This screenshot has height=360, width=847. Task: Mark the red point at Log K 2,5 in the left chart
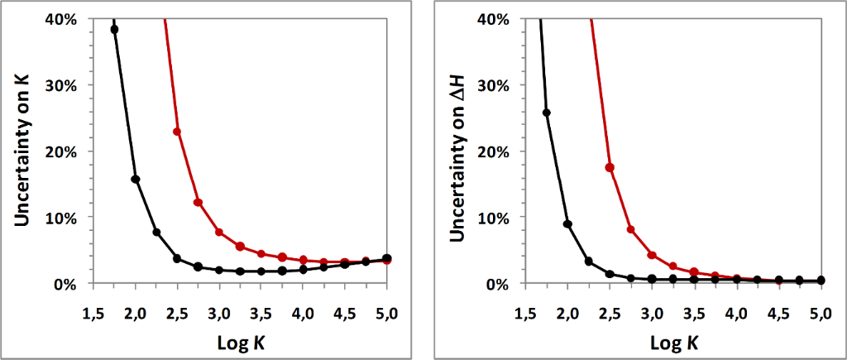coord(177,132)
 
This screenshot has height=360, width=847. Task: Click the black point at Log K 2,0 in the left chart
coord(136,179)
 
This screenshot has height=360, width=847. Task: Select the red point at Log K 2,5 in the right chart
coord(610,167)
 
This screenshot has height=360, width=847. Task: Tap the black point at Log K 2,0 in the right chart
coord(567,224)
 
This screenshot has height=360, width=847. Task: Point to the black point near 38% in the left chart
coord(114,29)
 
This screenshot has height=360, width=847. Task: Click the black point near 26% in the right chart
coord(547,113)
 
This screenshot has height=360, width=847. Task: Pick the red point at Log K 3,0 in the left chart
coord(219,232)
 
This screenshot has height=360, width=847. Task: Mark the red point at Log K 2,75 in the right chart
coord(630,229)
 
